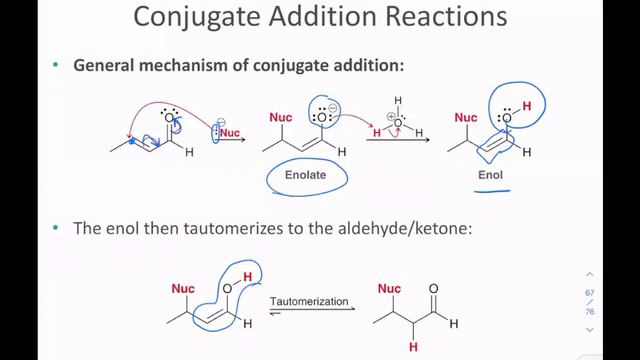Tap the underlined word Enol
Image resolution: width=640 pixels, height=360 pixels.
tap(490, 176)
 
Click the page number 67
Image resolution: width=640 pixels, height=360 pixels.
tap(590, 291)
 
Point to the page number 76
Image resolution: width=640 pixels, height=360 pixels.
tap(590, 311)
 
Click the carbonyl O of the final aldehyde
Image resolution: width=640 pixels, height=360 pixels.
tap(433, 290)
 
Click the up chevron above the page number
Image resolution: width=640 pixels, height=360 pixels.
tap(590, 274)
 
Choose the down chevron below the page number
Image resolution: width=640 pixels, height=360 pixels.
tap(590, 329)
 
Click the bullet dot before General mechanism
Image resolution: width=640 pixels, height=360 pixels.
tap(56, 66)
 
